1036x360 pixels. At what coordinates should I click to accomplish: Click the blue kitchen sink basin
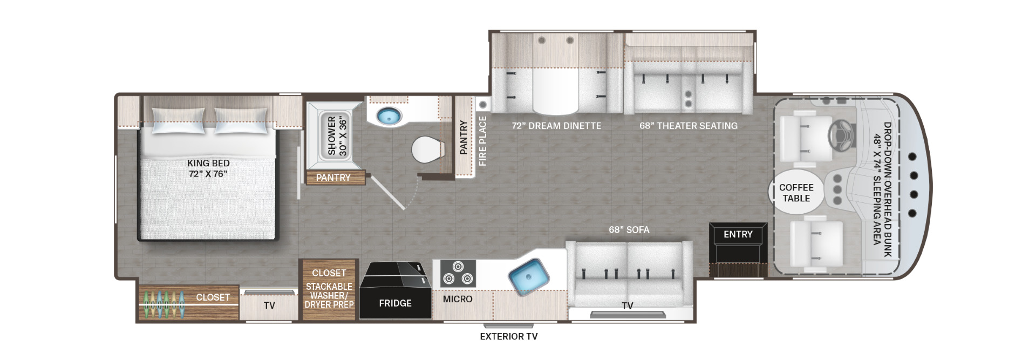(529, 277)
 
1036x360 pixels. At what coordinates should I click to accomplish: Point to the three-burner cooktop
(458, 273)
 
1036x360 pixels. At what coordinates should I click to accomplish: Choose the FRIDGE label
(395, 303)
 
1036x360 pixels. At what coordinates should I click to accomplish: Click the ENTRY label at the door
(738, 234)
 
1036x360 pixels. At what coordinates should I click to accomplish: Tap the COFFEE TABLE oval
(796, 193)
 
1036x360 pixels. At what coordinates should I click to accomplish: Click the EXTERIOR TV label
(509, 337)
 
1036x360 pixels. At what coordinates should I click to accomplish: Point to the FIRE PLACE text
(482, 141)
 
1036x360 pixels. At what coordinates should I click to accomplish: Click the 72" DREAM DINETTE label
(556, 126)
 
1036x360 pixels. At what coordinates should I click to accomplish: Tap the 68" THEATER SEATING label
(689, 126)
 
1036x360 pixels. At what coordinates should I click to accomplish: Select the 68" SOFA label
(629, 230)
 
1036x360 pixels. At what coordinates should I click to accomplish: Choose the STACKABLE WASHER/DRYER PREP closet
(329, 290)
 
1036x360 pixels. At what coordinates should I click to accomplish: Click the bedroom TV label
(269, 305)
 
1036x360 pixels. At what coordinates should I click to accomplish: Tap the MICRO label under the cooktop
(458, 299)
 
